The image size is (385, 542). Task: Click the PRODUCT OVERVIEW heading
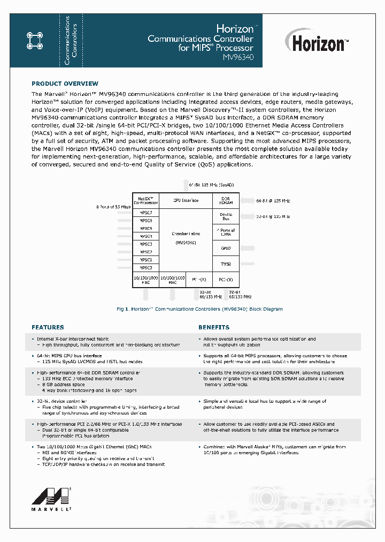(65, 84)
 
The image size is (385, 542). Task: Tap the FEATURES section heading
(48, 327)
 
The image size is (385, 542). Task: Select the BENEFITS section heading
(214, 327)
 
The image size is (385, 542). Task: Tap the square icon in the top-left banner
(34, 39)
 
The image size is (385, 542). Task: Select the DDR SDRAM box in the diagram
(226, 200)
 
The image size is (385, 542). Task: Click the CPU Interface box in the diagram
(186, 200)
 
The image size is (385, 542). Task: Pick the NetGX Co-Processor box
(145, 200)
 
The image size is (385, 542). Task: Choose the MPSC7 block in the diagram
(145, 213)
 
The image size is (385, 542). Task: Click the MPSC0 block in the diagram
(145, 268)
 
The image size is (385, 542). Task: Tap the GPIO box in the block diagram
(226, 249)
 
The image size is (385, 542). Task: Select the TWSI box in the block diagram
(226, 264)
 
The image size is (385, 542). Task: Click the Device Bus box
(226, 216)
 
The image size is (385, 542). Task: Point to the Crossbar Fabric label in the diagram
(186, 234)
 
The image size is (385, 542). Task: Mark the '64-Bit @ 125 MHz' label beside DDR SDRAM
(273, 200)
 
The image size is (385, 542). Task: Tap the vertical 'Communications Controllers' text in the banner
(71, 39)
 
